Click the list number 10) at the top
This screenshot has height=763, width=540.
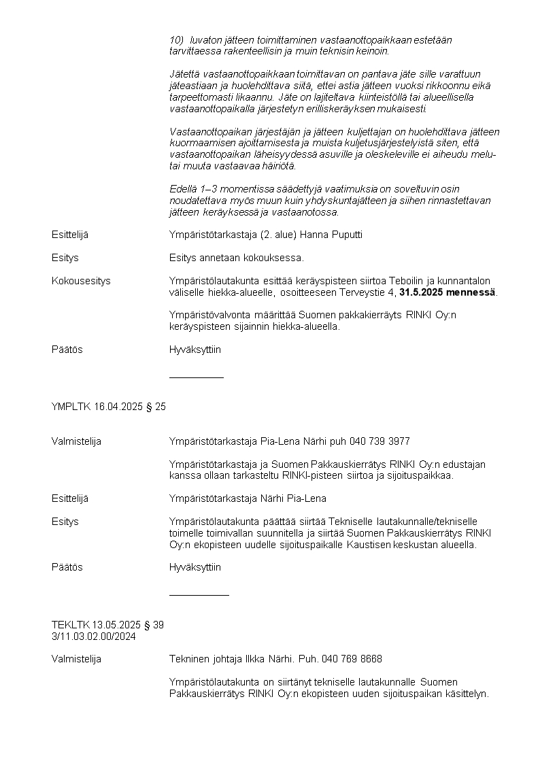click(x=176, y=40)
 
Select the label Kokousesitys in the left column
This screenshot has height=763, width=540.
click(x=81, y=281)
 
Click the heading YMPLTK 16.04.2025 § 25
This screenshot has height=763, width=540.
click(x=109, y=407)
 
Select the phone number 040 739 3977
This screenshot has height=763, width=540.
click(x=379, y=441)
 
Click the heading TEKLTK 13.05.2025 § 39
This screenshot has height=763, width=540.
click(x=107, y=625)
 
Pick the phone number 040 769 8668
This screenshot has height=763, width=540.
click(x=352, y=659)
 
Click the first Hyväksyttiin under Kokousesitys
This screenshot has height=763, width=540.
click(x=195, y=350)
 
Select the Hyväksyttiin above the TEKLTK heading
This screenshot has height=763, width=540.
click(x=195, y=567)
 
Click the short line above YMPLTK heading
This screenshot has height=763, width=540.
click(x=196, y=377)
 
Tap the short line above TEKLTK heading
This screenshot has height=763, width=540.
click(x=199, y=595)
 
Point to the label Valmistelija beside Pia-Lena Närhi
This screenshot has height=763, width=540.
click(x=76, y=441)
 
